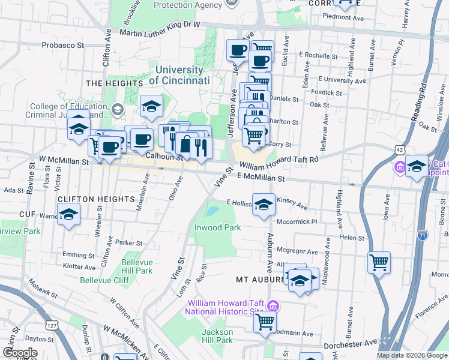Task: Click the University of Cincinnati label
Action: tap(179, 75)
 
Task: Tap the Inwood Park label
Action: tap(217, 227)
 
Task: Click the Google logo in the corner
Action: tap(20, 353)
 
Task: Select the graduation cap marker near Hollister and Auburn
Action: tap(264, 205)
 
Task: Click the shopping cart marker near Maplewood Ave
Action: tap(379, 262)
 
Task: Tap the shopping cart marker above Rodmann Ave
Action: tap(265, 322)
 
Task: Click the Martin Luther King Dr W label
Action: tap(159, 25)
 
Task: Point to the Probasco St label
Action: tap(62, 45)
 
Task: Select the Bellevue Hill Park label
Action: tap(137, 266)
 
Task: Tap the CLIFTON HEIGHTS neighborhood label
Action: tap(95, 199)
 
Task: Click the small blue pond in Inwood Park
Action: tap(212, 211)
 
